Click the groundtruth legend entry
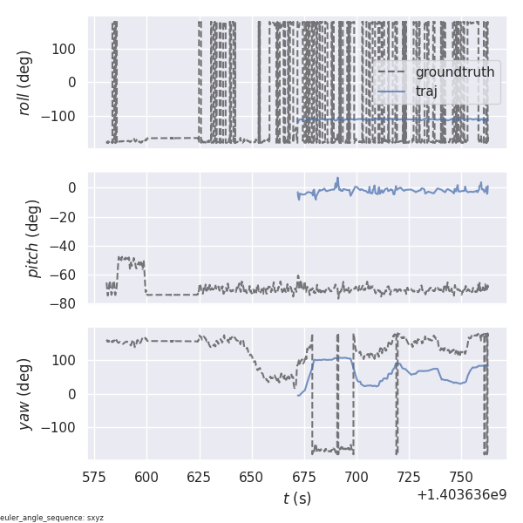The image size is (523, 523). (454, 71)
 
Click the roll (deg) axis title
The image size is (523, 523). (25, 83)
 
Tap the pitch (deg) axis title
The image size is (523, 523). (33, 238)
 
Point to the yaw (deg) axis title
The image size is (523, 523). (25, 394)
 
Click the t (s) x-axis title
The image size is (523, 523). (296, 499)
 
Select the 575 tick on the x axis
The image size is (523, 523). (95, 477)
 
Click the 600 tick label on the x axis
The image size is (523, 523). (147, 477)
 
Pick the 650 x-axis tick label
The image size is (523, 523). (252, 477)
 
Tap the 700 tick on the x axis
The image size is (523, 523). (357, 477)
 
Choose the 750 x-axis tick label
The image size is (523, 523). (461, 477)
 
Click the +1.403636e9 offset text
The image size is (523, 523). (461, 494)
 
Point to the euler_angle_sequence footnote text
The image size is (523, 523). (52, 518)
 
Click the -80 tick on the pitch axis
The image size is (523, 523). (67, 304)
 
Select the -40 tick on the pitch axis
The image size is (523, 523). (67, 246)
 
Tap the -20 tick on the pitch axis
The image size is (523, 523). (67, 217)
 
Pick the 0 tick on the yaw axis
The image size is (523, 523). (77, 394)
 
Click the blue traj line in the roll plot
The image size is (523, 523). (392, 119)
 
